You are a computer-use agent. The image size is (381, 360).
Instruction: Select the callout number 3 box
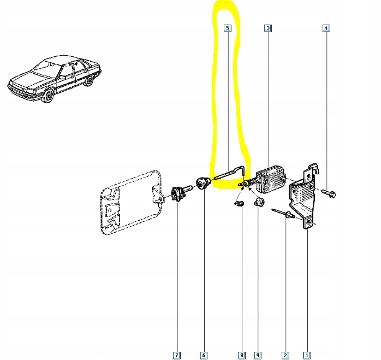[x=267, y=27]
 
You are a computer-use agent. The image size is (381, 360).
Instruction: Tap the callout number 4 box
[x=326, y=27]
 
